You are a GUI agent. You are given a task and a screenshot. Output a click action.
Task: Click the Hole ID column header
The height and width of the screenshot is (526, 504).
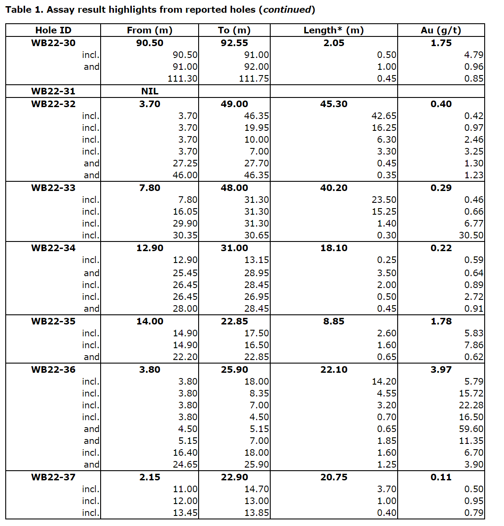point(53,30)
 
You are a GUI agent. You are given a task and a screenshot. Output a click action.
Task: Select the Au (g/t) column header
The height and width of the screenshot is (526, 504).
point(441,30)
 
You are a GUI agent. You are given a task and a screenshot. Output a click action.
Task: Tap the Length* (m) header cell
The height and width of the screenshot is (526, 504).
point(334,30)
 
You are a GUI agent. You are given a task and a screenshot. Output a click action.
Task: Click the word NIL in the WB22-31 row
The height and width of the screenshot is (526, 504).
point(150,91)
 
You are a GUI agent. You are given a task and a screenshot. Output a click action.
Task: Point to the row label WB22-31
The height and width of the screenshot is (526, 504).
point(53,91)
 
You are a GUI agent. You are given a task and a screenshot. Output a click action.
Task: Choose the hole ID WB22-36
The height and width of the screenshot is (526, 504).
point(53,370)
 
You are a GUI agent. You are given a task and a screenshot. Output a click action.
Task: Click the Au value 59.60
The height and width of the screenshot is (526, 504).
point(471,429)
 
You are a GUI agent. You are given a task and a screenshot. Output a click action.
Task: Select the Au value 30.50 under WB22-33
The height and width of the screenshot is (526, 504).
point(471,235)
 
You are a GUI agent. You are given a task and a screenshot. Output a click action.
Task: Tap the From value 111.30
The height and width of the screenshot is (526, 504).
point(182,79)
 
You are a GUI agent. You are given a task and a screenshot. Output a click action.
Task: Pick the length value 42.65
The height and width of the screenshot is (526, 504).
point(384,116)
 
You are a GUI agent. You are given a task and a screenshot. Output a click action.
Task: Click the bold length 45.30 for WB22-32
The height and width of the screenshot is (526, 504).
point(334,104)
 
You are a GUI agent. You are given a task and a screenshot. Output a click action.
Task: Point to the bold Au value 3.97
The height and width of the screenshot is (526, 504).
point(441,370)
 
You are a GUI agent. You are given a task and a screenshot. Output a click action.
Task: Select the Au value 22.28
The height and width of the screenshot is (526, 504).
point(471,405)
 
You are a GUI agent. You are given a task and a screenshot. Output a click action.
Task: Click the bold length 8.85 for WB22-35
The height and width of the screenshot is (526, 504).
point(334,321)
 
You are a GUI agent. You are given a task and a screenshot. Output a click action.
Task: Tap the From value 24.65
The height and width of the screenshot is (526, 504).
point(185,465)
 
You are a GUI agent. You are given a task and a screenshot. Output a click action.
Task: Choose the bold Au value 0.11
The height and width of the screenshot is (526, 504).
point(441,477)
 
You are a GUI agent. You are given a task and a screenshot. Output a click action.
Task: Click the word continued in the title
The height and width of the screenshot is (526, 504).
point(287,10)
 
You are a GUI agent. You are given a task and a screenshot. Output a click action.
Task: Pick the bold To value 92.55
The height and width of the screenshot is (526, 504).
point(234,43)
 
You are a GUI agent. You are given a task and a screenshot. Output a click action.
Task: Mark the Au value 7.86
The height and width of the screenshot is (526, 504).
point(474,345)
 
